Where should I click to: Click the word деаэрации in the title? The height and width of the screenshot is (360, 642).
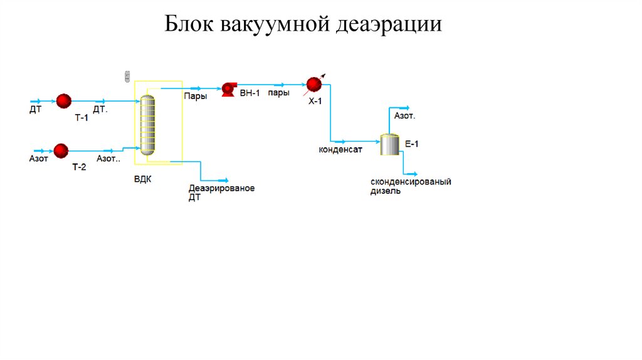389,24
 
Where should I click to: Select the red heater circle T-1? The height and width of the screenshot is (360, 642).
64,101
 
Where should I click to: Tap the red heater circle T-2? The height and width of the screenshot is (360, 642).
61,151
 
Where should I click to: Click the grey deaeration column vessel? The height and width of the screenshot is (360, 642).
147,124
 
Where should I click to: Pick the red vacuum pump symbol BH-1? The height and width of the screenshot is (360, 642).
228,90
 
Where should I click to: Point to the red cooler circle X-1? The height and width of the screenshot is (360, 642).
313,84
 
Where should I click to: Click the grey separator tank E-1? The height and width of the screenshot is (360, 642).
389,144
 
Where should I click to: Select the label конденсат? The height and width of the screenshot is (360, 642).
340,149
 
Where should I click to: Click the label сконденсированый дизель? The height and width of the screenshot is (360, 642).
411,186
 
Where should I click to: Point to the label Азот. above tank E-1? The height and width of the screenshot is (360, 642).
404,116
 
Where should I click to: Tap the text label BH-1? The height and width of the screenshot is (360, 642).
250,93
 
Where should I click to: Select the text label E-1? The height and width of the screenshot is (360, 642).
411,144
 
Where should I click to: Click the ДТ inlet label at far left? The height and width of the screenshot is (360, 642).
36,110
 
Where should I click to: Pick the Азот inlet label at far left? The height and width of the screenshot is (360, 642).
38,159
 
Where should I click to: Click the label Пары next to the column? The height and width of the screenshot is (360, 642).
195,96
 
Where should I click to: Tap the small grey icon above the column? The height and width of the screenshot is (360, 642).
127,76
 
